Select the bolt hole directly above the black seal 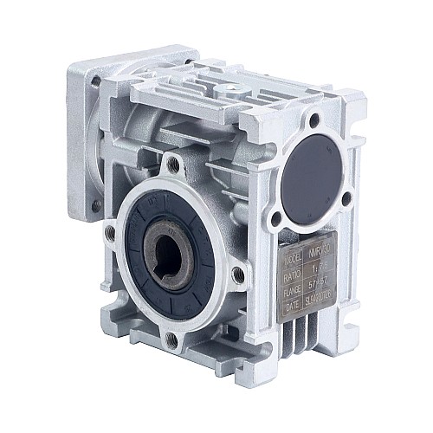click(174, 165)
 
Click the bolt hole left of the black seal click(110, 233)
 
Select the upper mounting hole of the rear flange click(96, 83)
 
